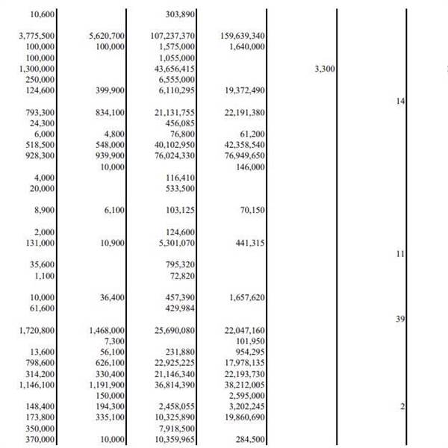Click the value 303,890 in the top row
coord(180,14)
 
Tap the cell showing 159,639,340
coord(243,36)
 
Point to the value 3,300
coord(325,69)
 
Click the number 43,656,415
coord(175,69)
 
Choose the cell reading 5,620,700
coord(107,36)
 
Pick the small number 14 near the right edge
coord(400,101)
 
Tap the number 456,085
coord(180,123)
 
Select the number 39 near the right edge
coord(400,320)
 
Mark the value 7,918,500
coord(178,429)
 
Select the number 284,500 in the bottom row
coord(250,441)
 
